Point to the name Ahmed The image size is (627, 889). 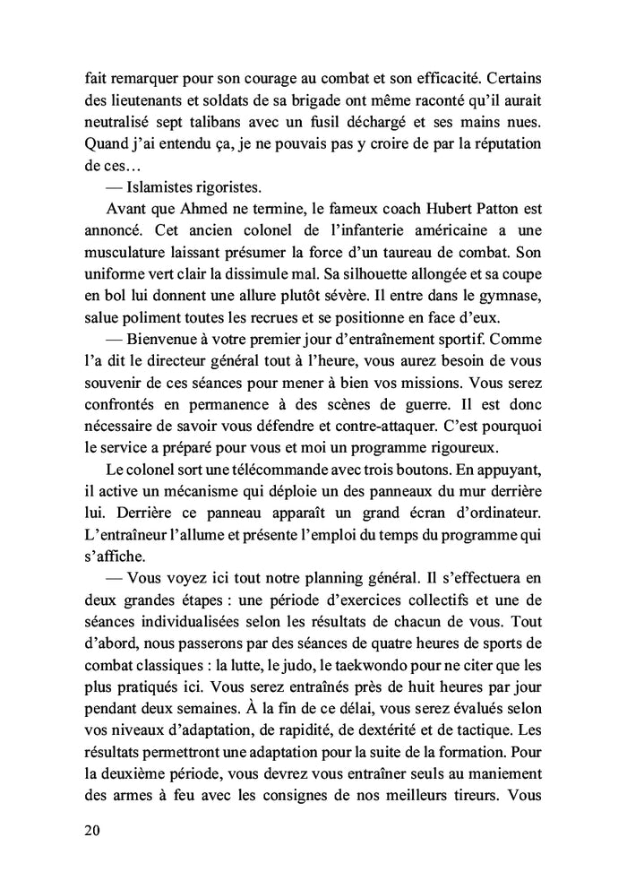click(185, 212)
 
